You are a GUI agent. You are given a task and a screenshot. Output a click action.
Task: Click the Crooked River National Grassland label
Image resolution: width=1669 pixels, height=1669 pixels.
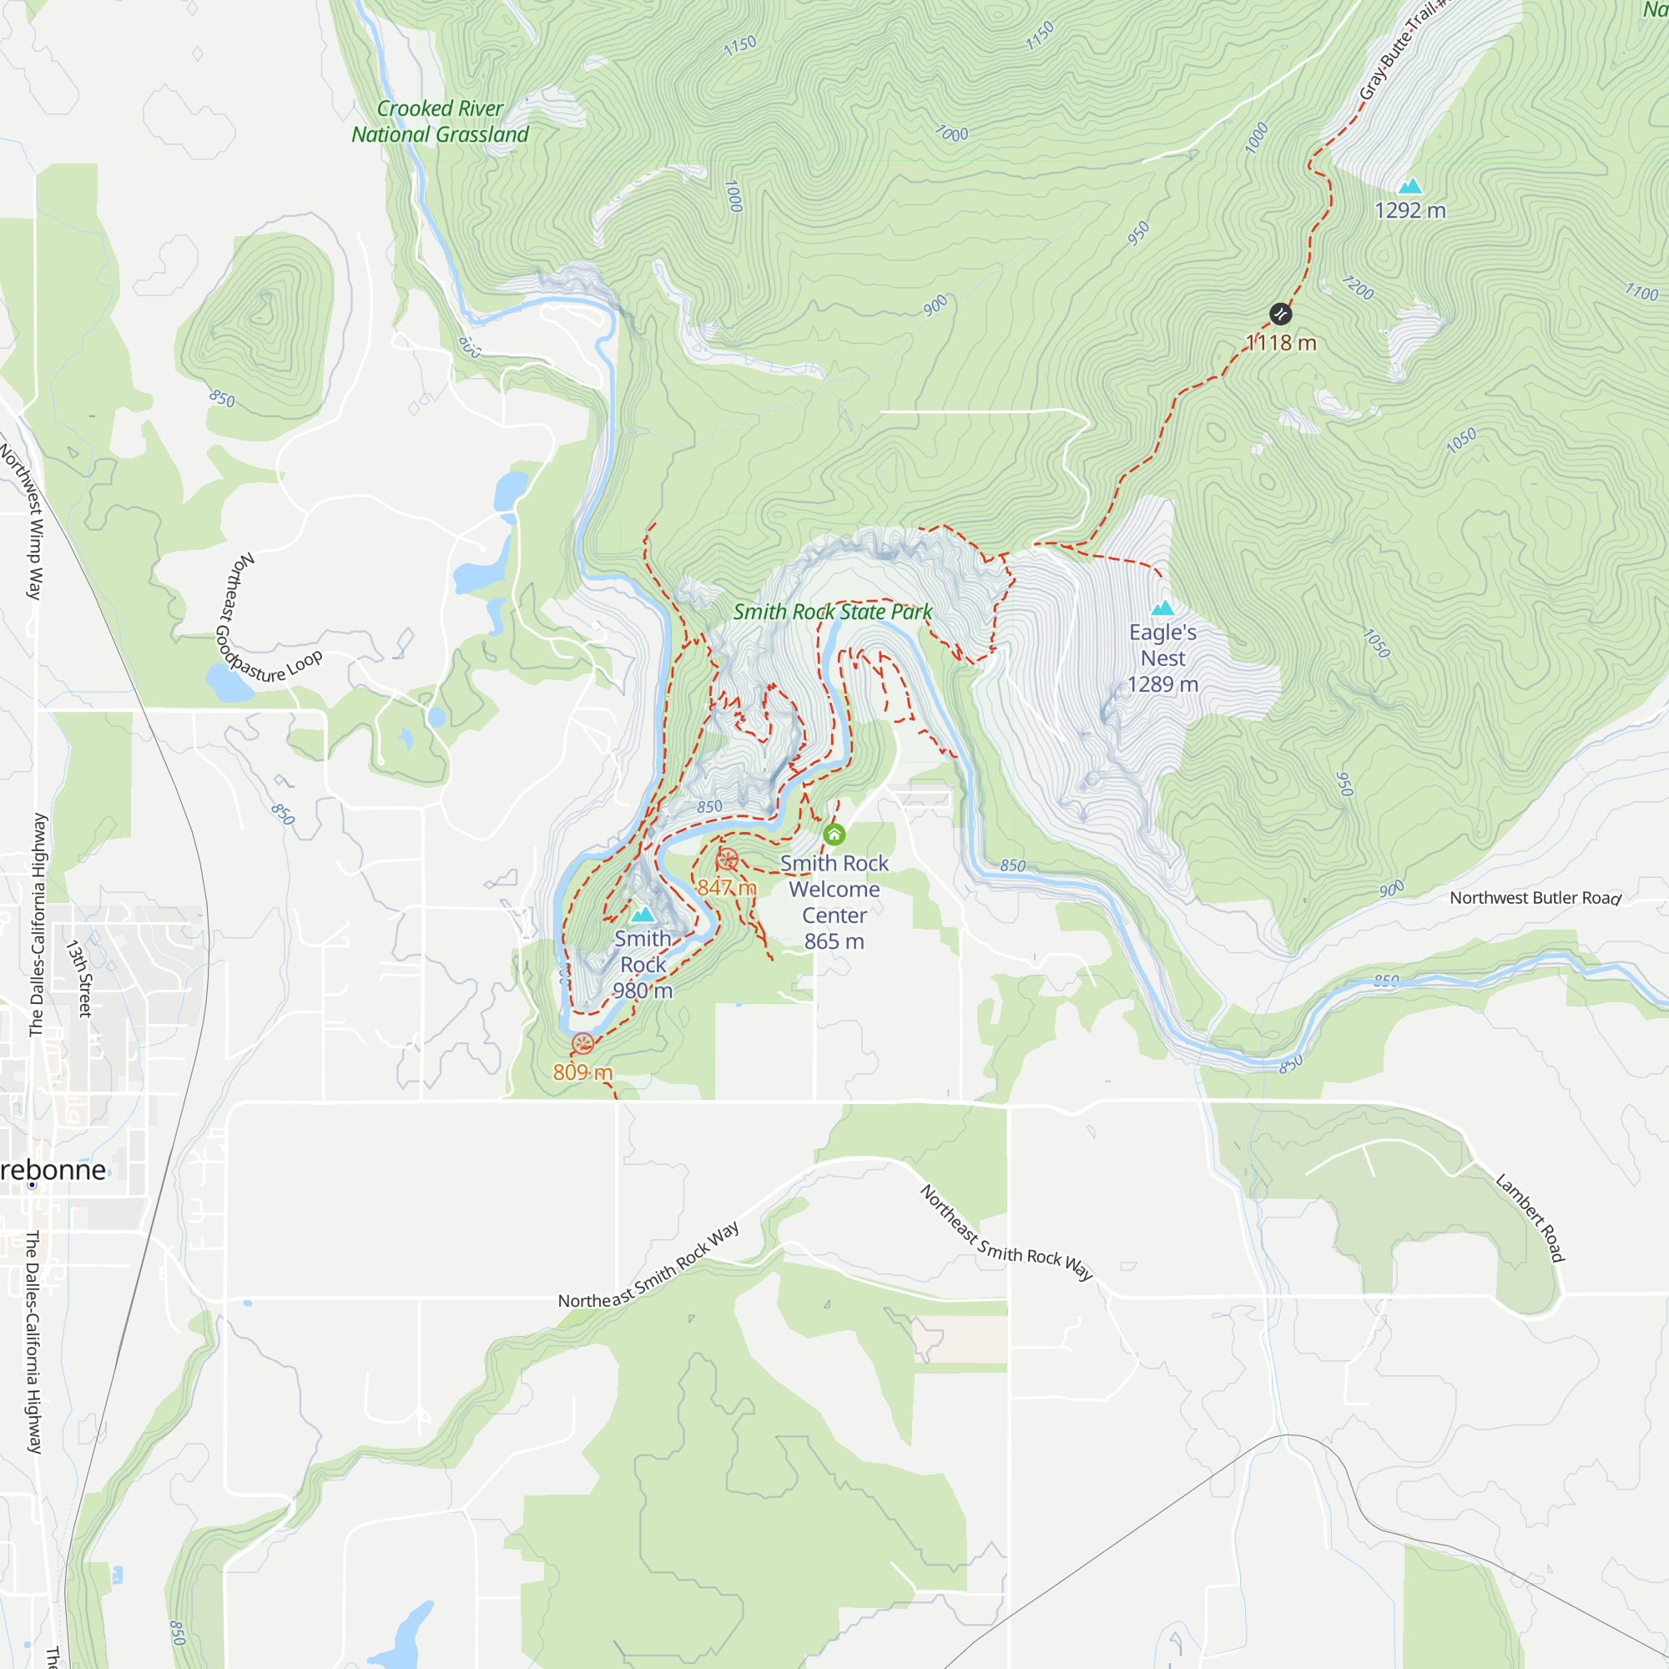pos(440,122)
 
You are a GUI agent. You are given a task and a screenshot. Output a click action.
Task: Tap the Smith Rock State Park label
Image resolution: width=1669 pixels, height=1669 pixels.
pos(833,613)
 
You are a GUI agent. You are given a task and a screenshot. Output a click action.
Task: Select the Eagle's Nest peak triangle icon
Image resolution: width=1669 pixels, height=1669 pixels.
pos(1162,608)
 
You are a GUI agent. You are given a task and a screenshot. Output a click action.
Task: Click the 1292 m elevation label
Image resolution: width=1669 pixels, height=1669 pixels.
pos(1409,211)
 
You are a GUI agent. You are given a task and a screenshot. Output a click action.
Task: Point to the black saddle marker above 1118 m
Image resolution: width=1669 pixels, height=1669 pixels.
pos(1280,314)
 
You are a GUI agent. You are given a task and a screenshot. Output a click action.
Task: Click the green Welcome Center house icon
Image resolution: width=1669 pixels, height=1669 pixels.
pos(834,834)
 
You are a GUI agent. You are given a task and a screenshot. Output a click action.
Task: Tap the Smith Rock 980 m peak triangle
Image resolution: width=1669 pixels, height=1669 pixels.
pos(642,914)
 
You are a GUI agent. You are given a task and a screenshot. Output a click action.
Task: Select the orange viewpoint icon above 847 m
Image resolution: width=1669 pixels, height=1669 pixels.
pos(728,860)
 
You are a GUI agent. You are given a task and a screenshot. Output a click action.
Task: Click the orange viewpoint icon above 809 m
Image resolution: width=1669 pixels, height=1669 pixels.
pos(583,1044)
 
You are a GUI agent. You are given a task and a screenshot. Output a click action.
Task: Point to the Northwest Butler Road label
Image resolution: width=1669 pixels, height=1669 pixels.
pos(1535,899)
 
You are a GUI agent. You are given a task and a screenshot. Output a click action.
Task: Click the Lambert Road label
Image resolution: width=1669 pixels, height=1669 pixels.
pos(1530,1218)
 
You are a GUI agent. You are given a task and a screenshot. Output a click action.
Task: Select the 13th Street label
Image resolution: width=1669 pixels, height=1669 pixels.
pos(79,979)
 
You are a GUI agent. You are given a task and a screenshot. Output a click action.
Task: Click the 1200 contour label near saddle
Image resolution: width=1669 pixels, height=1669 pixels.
pos(1358,288)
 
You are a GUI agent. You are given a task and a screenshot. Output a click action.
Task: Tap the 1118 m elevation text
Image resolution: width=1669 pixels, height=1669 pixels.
pos(1280,344)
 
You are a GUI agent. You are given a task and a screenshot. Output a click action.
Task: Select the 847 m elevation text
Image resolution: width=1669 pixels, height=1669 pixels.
pos(727,888)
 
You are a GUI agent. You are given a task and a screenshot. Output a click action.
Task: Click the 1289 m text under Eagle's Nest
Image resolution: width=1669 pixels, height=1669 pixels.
pos(1162,685)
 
